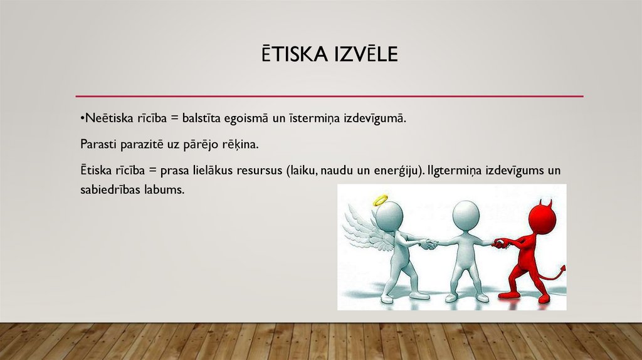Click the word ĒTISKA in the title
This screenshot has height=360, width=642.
point(292,55)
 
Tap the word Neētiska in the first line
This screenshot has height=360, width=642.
point(105,118)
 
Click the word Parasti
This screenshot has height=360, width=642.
point(97,144)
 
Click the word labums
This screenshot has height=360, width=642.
point(166,189)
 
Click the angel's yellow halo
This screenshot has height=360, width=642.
point(381,201)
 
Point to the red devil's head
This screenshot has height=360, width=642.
point(542,217)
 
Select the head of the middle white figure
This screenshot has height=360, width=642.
point(466,214)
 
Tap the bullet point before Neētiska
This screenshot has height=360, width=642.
point(82,119)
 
